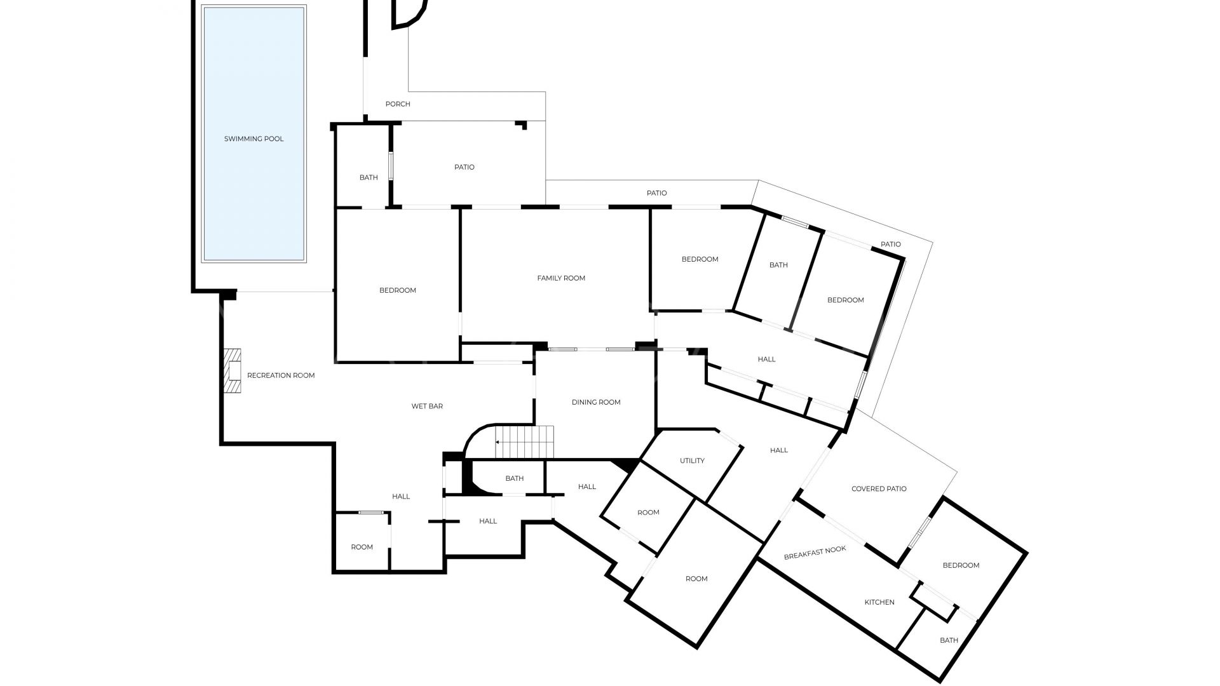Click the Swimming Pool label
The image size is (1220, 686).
pos(254,139)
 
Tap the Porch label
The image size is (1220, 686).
pos(398,104)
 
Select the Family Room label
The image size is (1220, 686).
pos(561,278)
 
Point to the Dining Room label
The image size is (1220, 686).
pos(596,402)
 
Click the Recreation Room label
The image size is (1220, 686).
pos(281,375)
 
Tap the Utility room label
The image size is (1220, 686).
pos(692,461)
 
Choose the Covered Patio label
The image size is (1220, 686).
pos(879,489)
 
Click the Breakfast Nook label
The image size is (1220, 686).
pos(815,553)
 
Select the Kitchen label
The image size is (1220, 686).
pos(879,602)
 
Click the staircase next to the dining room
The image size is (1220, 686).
pos(525,441)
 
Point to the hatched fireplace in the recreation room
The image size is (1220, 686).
pos(233,370)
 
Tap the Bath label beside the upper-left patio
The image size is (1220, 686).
pos(369,178)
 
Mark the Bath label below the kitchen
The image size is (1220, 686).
pos(949,640)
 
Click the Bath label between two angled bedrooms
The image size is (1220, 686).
pos(778,266)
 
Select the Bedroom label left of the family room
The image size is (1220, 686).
pos(398,290)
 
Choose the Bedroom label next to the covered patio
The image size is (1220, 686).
pos(961,565)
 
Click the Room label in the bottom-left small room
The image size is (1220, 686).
pos(362,547)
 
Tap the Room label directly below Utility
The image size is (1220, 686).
pos(648,513)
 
